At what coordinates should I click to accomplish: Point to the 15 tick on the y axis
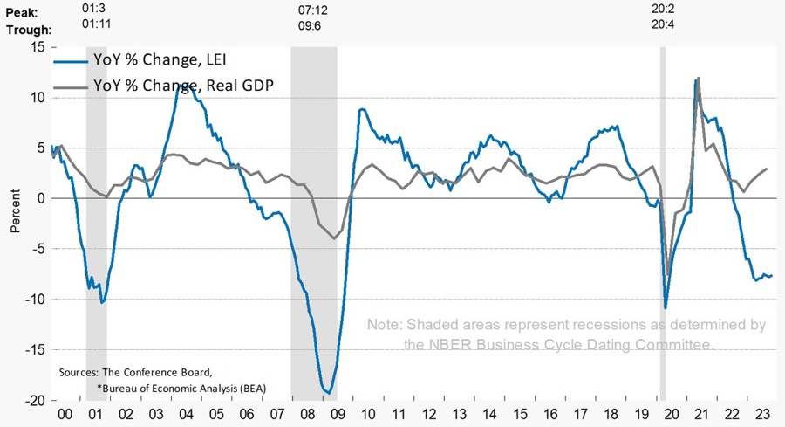[x=38, y=46]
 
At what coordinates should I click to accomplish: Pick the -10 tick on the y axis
[x=34, y=300]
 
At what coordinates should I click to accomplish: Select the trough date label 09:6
[x=311, y=30]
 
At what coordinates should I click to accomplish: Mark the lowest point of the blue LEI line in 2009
[x=327, y=393]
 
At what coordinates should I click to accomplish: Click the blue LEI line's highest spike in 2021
[x=697, y=79]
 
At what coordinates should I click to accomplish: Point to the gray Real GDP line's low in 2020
[x=669, y=275]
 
